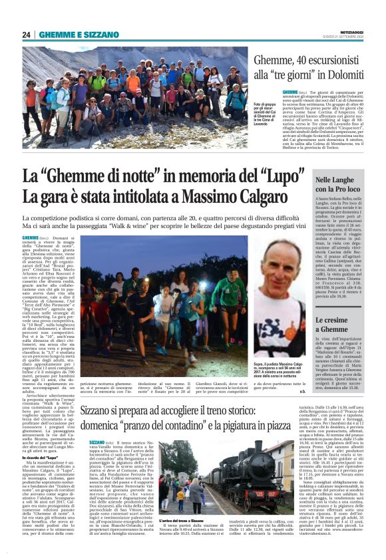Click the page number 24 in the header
click(x=27, y=35)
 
